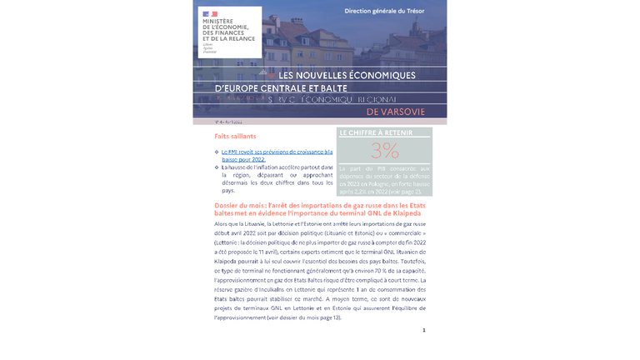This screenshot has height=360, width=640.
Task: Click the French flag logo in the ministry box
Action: click(209, 14)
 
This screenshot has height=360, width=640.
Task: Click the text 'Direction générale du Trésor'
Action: click(385, 11)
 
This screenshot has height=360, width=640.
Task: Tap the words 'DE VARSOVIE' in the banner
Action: click(396, 111)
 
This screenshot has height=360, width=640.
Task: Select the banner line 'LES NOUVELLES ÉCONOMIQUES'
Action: click(347, 76)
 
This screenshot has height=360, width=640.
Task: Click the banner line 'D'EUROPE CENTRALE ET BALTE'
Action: click(281, 87)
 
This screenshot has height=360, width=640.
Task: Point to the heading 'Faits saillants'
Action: click(235, 136)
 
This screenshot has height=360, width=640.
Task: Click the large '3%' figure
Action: click(384, 150)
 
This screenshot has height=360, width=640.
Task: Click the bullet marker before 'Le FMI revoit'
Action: click(217, 152)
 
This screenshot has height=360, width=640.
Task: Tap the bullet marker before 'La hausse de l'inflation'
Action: click(217, 167)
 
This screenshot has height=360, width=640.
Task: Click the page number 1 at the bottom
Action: click(423, 330)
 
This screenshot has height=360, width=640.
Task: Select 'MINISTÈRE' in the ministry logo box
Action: click(219, 22)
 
